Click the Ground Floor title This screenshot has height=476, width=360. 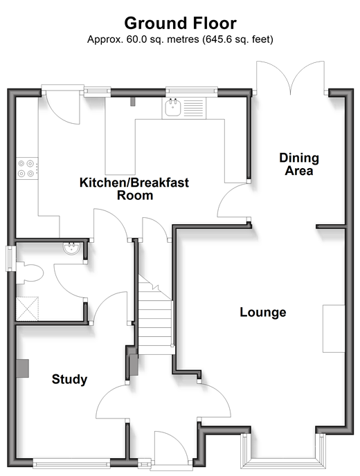click(180, 24)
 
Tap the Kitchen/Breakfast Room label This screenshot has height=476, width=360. click(134, 189)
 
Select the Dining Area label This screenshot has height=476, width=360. click(299, 164)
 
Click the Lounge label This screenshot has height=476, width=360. click(263, 312)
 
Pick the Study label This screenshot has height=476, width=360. click(69, 379)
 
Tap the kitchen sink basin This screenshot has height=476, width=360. click(173, 109)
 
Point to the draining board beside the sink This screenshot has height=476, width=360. click(193, 109)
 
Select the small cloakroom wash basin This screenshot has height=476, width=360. click(71, 248)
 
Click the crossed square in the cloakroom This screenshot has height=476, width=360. click(27, 309)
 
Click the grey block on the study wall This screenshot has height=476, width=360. click(22, 368)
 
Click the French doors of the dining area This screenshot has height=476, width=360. click(291, 77)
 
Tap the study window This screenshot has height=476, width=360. click(71, 464)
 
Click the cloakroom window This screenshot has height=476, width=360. click(11, 258)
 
